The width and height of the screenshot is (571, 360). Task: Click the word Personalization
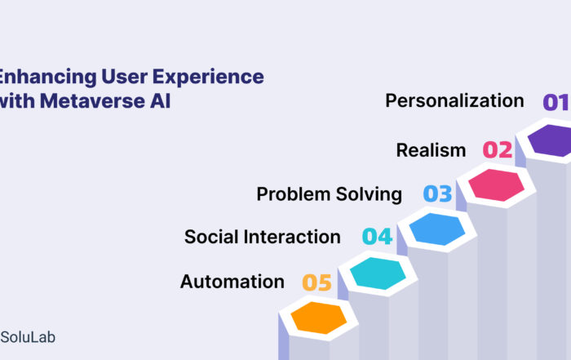click(454, 100)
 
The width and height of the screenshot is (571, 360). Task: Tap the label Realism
click(431, 150)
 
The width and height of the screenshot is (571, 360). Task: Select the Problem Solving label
click(330, 193)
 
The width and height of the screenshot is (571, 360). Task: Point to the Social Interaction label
click(262, 237)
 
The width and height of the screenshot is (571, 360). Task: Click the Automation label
click(232, 282)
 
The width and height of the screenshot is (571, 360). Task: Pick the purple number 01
click(556, 102)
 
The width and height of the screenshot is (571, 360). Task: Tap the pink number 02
click(498, 149)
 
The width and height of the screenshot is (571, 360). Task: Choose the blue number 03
click(437, 193)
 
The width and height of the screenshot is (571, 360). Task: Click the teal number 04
click(377, 237)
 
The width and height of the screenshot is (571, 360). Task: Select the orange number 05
click(316, 282)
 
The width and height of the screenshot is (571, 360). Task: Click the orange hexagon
click(319, 318)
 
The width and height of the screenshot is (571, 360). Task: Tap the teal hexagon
click(378, 273)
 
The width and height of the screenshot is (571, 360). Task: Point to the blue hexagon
click(437, 229)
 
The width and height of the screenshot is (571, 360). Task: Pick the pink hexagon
click(496, 185)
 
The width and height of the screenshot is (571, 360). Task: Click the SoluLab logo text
click(28, 337)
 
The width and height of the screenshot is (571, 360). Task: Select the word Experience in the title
click(208, 77)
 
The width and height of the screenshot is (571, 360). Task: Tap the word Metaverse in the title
click(92, 101)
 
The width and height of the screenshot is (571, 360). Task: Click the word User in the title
click(124, 77)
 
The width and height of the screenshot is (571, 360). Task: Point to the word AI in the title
click(160, 101)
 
